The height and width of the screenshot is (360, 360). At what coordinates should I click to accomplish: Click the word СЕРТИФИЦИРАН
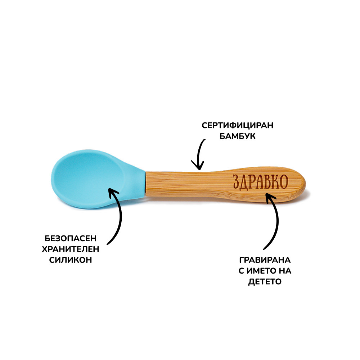[237, 126]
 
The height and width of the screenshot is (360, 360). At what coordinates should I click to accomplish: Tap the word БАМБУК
[237, 136]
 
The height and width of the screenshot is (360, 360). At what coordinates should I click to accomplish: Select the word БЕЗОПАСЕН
[71, 238]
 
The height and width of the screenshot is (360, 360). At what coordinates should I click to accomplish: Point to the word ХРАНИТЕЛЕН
[71, 249]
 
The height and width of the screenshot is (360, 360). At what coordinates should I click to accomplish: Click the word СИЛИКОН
[71, 260]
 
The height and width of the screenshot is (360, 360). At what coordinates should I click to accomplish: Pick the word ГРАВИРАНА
[265, 260]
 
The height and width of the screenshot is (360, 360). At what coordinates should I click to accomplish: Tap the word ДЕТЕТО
[265, 282]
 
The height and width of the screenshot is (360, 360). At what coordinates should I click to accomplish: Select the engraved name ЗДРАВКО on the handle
[260, 182]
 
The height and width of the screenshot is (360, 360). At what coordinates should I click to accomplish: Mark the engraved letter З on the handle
[237, 182]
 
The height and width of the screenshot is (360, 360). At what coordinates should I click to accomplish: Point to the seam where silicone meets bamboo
[145, 183]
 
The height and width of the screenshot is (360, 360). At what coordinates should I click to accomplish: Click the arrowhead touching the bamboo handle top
[198, 165]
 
